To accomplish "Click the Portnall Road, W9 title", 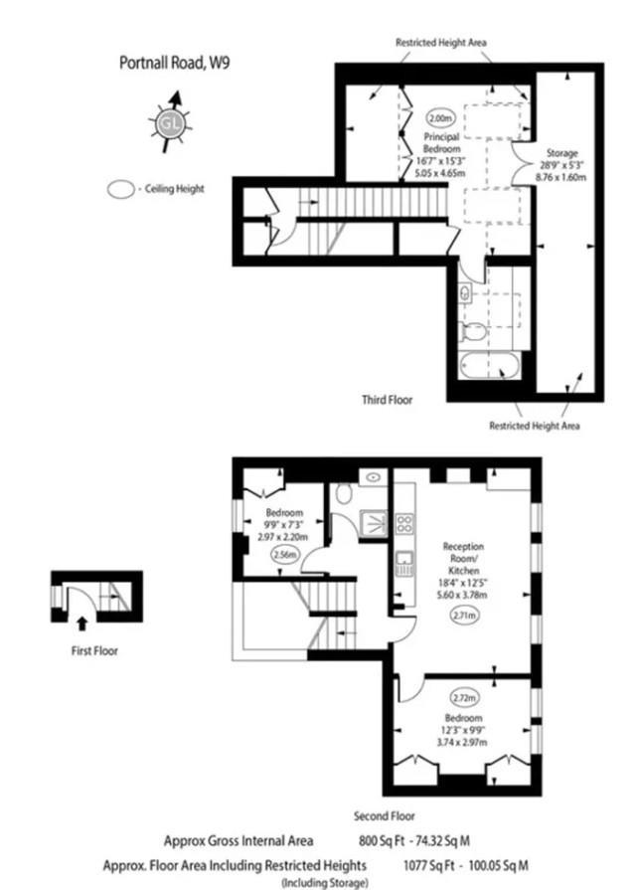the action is pos(174,62).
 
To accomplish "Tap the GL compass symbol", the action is pos(170,122).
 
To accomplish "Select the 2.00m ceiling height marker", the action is pos(440,118).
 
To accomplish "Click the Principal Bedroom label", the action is pos(441,142).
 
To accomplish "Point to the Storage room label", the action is pos(561,153).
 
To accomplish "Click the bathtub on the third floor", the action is pos(489,366).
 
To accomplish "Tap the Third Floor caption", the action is pos(387,400).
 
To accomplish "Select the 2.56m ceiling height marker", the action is pos(285,555).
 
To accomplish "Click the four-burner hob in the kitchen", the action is pos(404,523).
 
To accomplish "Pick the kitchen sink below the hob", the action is pos(404,563).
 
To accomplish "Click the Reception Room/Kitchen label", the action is pos(463,558).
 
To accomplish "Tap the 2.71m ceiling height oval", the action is pos(464,615).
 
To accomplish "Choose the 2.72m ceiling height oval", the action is pos(464,698).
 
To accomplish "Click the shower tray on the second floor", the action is pos(374,523).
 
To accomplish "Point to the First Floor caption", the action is pos(94,650).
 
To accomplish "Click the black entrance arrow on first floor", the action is pos(82,623).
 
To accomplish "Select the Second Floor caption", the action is pos(384,816).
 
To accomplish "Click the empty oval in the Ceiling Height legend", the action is pos(121,190).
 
